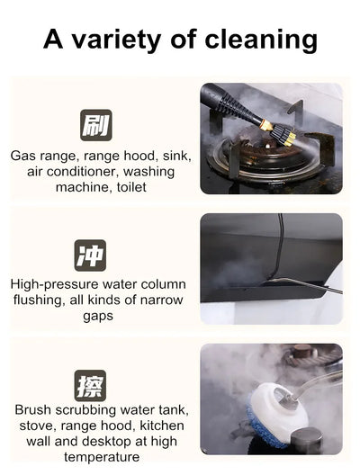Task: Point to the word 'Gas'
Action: [24, 156]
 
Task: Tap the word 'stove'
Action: [32, 426]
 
